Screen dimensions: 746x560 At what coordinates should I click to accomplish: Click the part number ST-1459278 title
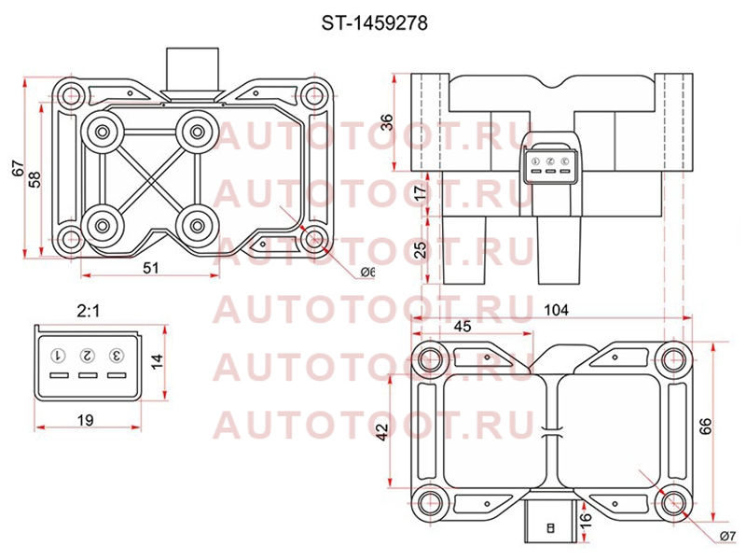coord(375,22)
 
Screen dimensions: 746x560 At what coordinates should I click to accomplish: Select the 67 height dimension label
coord(18,170)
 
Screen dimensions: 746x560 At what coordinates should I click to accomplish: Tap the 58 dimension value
coord(35,179)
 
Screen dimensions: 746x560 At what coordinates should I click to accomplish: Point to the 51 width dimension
coord(151,268)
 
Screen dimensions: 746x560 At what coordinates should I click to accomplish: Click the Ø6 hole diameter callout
coord(367,272)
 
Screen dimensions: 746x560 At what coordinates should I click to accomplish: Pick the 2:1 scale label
coord(89,312)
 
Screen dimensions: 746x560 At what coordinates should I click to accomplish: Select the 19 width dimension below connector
coord(86,420)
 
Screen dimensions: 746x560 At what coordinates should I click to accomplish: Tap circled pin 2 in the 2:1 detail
coord(88,356)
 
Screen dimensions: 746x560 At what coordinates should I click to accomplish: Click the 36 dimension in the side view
coord(389,122)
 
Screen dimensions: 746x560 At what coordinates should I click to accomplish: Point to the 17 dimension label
coord(421,194)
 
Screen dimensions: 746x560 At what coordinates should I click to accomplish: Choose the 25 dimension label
coord(421,250)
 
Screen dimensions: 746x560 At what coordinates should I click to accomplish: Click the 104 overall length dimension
coord(556,310)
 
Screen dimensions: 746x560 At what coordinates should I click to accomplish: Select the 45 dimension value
coord(463,326)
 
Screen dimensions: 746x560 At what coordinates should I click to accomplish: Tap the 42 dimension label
coord(382,432)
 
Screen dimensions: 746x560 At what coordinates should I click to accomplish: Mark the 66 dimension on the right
coord(706,426)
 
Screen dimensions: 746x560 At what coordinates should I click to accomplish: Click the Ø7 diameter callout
coord(728,536)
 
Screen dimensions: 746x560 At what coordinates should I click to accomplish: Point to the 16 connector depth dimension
coord(586,517)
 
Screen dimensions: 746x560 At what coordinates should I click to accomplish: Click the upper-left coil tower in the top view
coord(103,132)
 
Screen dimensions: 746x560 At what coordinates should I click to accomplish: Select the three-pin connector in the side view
coord(550,165)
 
